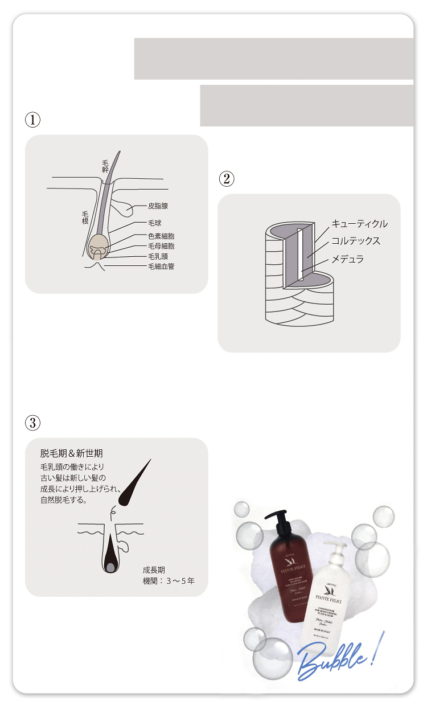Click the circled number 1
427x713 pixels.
click(33, 120)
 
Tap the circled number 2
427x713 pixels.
click(226, 179)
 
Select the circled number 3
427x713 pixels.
click(33, 423)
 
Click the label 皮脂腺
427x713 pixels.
click(158, 206)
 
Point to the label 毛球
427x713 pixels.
click(154, 223)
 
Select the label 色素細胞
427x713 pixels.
click(161, 236)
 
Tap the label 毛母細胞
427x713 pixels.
click(161, 246)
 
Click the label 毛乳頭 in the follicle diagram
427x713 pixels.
click(158, 256)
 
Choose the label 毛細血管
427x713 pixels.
click(161, 266)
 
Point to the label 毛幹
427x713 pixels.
click(105, 166)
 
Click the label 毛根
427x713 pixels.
click(85, 216)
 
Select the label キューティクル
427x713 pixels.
click(359, 224)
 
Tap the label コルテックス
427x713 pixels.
click(356, 241)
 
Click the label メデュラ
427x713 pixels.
click(347, 259)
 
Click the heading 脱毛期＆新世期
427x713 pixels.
click(72, 454)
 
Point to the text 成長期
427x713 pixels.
click(154, 569)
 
